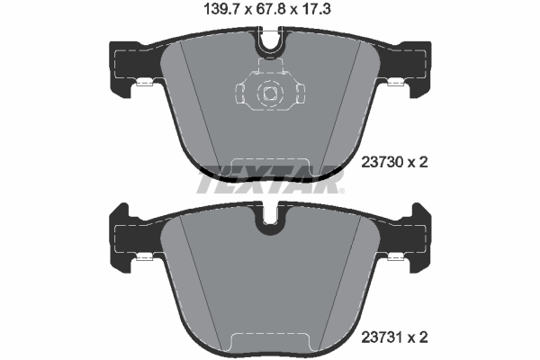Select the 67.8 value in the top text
point(271,12)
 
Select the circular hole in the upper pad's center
point(269,92)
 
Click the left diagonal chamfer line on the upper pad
point(194,99)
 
